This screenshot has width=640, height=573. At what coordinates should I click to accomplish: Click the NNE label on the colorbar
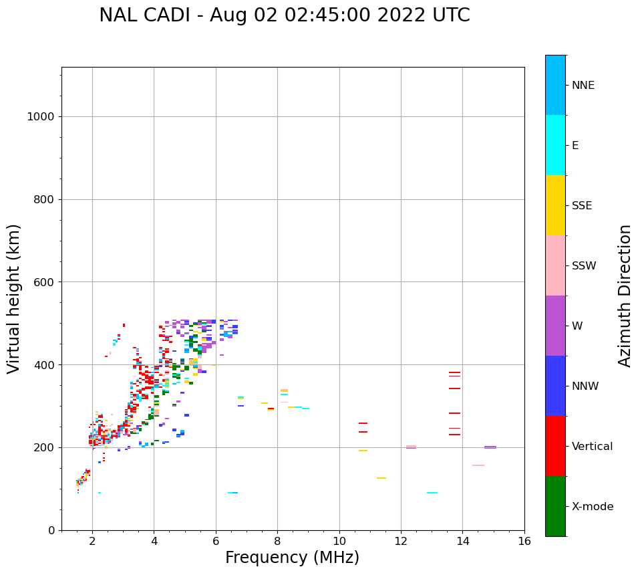click(x=583, y=86)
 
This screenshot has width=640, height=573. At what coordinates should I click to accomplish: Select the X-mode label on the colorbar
click(x=592, y=507)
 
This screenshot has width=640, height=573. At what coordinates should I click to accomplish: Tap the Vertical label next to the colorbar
click(x=592, y=447)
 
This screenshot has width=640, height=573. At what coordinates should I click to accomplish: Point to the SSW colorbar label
click(x=584, y=266)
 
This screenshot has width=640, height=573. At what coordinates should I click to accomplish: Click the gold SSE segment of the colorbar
click(x=555, y=205)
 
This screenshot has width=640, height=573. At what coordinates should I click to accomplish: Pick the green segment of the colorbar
click(x=555, y=506)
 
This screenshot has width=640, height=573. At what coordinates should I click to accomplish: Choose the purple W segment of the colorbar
click(x=555, y=326)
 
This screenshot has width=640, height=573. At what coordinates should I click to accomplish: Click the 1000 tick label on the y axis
click(x=40, y=117)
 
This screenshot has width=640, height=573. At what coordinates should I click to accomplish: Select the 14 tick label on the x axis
click(x=463, y=541)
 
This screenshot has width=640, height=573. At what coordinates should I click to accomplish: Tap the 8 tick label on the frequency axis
click(x=277, y=541)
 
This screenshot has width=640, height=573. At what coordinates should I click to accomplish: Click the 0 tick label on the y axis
click(x=51, y=530)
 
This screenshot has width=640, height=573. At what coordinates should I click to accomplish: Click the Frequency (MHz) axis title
click(x=292, y=558)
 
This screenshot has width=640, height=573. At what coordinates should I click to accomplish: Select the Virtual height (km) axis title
click(x=14, y=299)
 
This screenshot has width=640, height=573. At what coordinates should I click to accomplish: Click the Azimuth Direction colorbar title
click(x=625, y=296)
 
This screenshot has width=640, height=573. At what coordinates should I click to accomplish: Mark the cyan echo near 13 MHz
click(x=432, y=493)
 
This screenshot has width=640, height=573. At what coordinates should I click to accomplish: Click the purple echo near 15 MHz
click(x=490, y=447)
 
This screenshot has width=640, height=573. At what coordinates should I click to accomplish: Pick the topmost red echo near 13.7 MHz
click(x=454, y=372)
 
